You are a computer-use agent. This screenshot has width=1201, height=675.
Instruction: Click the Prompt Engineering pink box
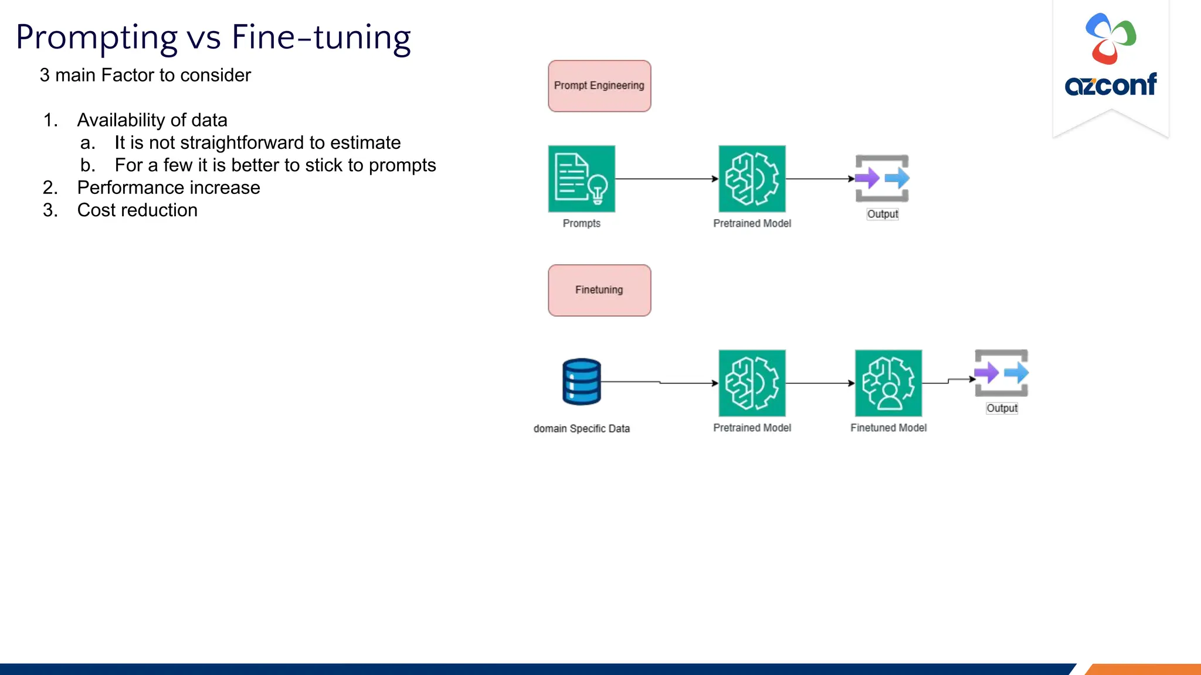point(599,86)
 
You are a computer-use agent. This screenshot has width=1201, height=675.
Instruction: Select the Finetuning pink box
point(599,291)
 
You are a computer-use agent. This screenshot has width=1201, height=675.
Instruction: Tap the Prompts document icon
point(581,179)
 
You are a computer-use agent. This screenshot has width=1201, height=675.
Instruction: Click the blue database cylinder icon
point(581,382)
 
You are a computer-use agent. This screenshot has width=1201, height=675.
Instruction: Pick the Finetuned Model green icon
point(888,383)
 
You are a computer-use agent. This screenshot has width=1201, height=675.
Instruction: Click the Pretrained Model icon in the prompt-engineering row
point(752,179)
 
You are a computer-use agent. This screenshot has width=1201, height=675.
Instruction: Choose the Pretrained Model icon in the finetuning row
point(752,383)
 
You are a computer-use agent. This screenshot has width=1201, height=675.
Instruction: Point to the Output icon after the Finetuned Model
point(1001,373)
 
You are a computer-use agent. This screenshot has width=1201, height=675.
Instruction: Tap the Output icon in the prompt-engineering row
point(882,178)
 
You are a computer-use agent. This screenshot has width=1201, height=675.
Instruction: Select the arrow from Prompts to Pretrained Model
point(667,179)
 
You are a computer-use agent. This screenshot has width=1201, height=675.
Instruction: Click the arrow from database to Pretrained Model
point(660,383)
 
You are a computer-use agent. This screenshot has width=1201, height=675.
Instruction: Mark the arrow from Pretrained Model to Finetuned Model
point(820,383)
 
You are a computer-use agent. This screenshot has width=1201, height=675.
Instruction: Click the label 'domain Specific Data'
point(581,428)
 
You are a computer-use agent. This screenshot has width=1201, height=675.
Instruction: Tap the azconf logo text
point(1110,86)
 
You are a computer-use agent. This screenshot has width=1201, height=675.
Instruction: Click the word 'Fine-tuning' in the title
point(321,37)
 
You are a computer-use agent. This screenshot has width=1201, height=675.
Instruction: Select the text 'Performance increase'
point(168,187)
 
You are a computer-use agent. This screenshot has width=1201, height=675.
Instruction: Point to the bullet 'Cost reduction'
point(137,210)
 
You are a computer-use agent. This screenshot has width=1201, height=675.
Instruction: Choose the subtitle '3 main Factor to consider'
point(145,75)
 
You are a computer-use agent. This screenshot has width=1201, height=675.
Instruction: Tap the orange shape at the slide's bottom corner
point(1144,669)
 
